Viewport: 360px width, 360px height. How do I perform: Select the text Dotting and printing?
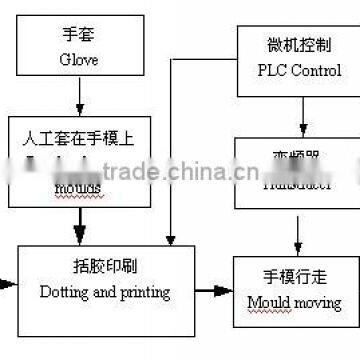pyautogui.click(x=104, y=293)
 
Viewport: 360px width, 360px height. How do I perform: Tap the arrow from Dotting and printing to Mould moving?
pyautogui.click(x=210, y=290)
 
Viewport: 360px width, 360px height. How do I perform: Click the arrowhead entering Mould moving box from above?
pyautogui.click(x=298, y=250)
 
